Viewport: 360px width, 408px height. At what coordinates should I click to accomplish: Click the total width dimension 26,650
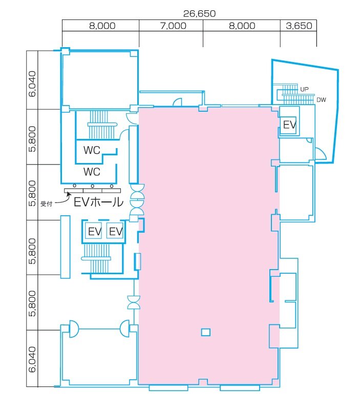pyautogui.click(x=199, y=13)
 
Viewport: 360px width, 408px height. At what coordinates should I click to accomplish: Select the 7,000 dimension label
pyautogui.click(x=173, y=26)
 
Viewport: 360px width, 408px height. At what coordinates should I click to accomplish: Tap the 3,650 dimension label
pyautogui.click(x=299, y=26)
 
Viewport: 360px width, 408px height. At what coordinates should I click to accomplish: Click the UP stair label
pyautogui.click(x=304, y=89)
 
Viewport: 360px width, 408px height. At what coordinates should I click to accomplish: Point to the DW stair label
pyautogui.click(x=321, y=99)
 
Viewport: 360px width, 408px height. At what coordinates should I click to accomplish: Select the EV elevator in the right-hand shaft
pyautogui.click(x=289, y=125)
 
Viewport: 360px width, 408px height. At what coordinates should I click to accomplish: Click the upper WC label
pyautogui.click(x=92, y=150)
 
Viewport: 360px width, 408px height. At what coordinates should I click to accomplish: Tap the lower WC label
pyautogui.click(x=92, y=172)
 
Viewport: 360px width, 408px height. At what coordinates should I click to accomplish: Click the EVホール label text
pyautogui.click(x=98, y=202)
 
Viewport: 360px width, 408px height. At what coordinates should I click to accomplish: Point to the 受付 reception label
pyautogui.click(x=46, y=203)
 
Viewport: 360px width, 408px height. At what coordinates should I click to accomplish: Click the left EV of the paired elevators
pyautogui.click(x=95, y=231)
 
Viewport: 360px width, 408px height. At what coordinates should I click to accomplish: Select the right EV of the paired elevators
pyautogui.click(x=116, y=231)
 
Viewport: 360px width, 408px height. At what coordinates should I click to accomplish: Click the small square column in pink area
pyautogui.click(x=205, y=332)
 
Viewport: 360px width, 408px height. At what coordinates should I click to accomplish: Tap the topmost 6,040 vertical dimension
pyautogui.click(x=32, y=84)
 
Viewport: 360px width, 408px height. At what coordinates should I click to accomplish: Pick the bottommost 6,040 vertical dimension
pyautogui.click(x=32, y=359)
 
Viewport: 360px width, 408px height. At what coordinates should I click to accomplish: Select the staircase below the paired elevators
pyautogui.click(x=96, y=258)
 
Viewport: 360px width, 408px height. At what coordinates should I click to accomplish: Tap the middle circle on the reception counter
pyautogui.click(x=93, y=186)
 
